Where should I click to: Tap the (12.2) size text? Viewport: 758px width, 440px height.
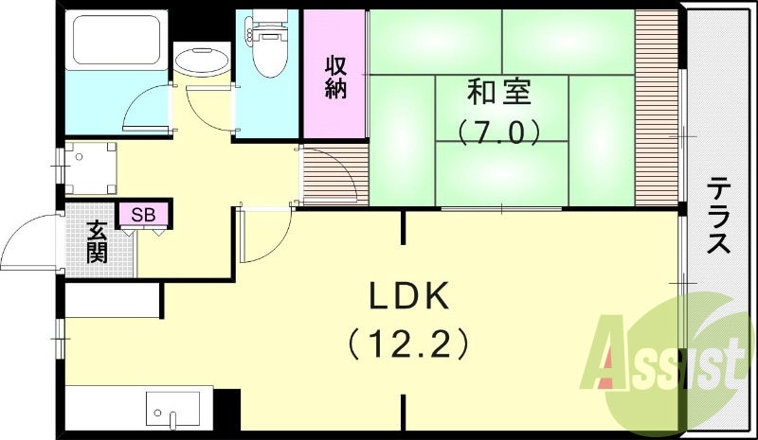pyautogui.click(x=407, y=342)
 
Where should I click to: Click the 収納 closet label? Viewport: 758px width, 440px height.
pyautogui.click(x=335, y=78)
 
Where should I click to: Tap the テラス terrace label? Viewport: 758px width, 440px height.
pyautogui.click(x=719, y=216)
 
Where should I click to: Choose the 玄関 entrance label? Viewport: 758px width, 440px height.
pyautogui.click(x=97, y=241)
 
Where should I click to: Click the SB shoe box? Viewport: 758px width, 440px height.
pyautogui.click(x=143, y=215)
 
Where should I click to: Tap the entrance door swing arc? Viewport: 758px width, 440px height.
pyautogui.click(x=28, y=241)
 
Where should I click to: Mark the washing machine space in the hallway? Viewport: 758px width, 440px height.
pyautogui.click(x=91, y=167)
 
